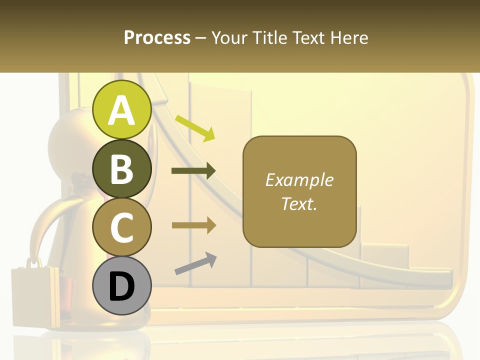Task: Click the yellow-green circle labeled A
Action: (122, 109)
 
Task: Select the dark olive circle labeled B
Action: (122, 168)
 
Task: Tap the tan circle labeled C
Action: (122, 227)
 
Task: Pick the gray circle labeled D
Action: (122, 285)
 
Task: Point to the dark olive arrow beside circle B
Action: (193, 171)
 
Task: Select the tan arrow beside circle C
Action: (193, 225)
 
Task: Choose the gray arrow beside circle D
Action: (195, 263)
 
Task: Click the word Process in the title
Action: (157, 37)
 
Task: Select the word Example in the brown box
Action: (299, 180)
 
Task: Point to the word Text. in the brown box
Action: (299, 203)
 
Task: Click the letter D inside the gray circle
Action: (122, 287)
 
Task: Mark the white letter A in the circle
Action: (122, 110)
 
